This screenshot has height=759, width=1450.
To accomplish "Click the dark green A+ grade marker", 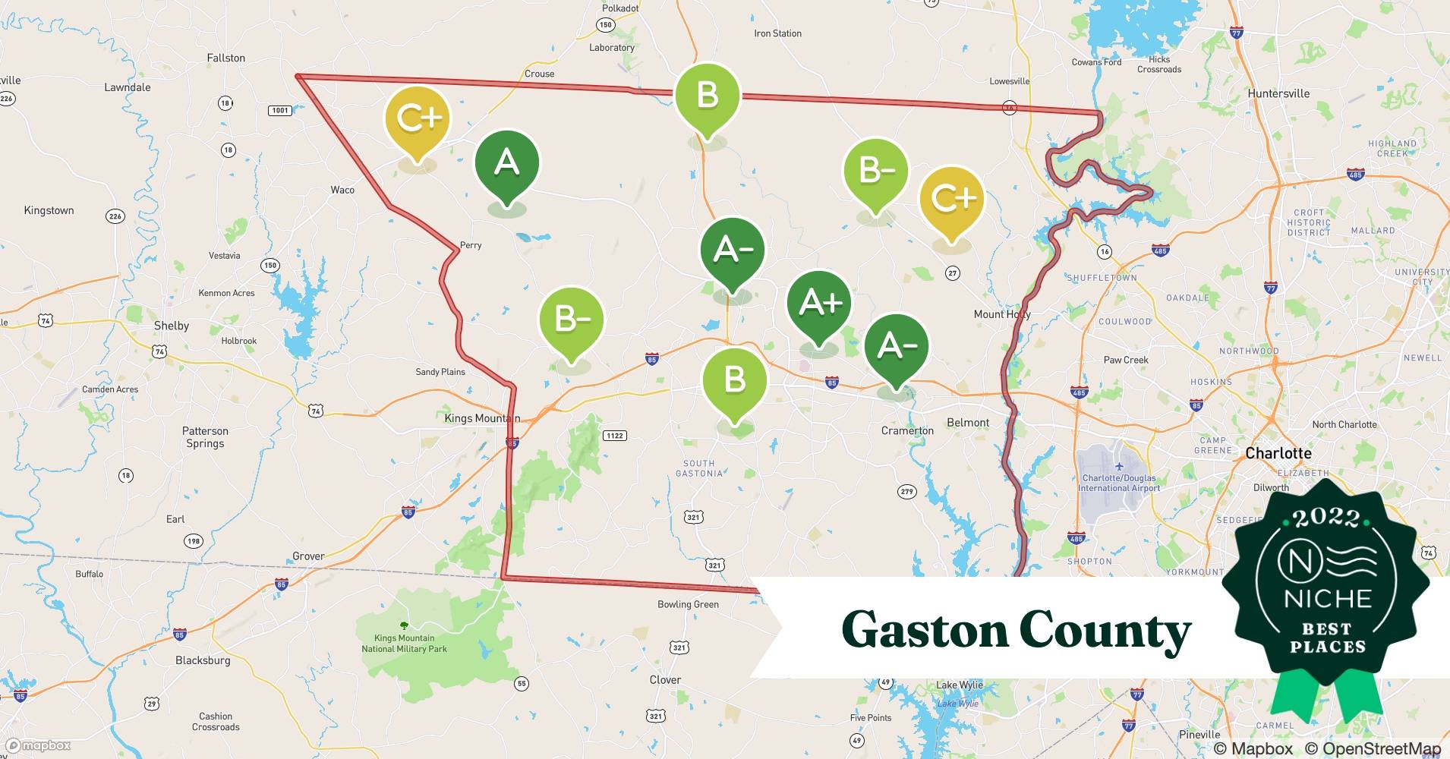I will click(819, 303).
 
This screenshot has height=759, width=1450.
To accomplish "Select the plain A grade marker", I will click(507, 163).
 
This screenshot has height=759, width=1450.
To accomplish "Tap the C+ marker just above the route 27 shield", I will click(951, 199).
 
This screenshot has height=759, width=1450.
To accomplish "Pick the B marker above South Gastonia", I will click(734, 380).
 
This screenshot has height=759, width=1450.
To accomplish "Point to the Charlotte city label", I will click(1278, 453).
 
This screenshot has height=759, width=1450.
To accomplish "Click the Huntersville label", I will click(1278, 93).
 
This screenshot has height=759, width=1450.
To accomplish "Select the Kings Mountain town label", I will click(482, 418).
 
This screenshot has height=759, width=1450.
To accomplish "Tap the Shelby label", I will click(172, 326).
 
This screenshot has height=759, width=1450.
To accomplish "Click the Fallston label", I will click(226, 58).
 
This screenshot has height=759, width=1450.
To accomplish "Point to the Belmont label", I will click(968, 423).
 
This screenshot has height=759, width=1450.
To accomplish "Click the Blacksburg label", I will click(203, 660).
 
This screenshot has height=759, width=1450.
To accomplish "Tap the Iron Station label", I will click(777, 33).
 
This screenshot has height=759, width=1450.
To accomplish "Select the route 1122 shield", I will click(614, 436).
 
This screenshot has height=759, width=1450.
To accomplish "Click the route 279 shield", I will click(906, 492).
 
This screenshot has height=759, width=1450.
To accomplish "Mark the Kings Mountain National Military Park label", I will click(404, 644).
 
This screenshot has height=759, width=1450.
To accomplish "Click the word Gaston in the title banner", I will click(923, 630).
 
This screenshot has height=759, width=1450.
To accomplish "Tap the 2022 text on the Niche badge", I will click(1326, 518).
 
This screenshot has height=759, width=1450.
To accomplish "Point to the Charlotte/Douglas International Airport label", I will click(1119, 483).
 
